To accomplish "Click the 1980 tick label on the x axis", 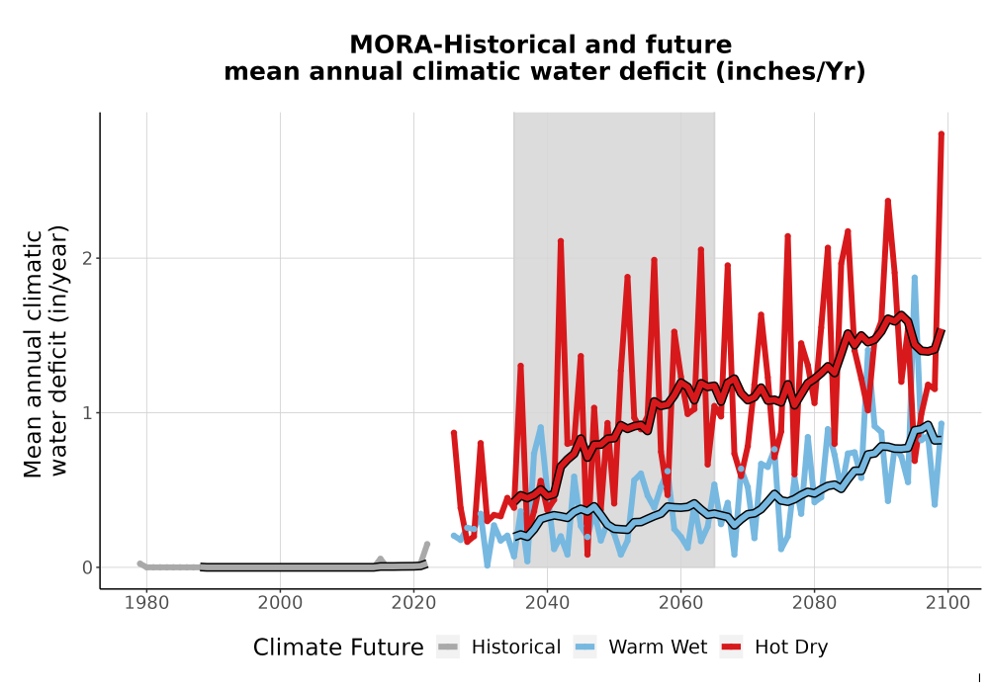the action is click(147, 603).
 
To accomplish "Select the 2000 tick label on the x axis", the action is click(281, 603).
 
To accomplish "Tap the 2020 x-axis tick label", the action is click(413, 603).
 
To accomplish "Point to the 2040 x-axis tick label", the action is click(548, 603).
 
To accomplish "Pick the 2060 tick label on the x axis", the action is click(680, 603).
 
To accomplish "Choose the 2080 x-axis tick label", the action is click(814, 603).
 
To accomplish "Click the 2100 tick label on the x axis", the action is click(947, 603).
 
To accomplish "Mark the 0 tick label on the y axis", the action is click(88, 567).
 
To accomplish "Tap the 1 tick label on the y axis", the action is click(88, 413).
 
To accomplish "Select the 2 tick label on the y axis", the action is click(88, 258).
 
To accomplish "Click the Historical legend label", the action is click(516, 648).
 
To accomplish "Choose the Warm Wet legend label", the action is click(658, 648).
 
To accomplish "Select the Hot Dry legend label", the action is click(791, 648).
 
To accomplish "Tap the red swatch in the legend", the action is click(731, 648).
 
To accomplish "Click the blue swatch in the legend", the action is click(584, 648).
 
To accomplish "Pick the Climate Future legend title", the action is click(338, 648).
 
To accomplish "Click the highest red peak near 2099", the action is click(942, 133).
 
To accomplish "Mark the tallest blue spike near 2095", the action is click(914, 278).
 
